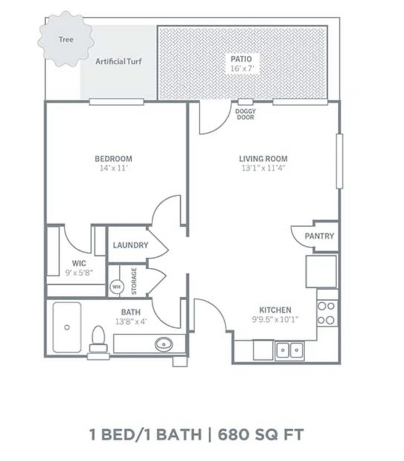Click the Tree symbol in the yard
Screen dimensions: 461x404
pyautogui.click(x=66, y=40)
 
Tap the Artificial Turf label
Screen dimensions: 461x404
pyautogui.click(x=118, y=61)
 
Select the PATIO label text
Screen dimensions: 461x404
pyautogui.click(x=242, y=59)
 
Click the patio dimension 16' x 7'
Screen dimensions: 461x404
pyautogui.click(x=242, y=69)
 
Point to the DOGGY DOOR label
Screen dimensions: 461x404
pyautogui.click(x=246, y=114)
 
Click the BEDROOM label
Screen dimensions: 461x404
pyautogui.click(x=113, y=159)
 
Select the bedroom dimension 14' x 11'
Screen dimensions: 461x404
pyautogui.click(x=113, y=168)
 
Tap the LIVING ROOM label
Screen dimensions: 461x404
pyautogui.click(x=264, y=159)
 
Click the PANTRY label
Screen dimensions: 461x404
pyautogui.click(x=319, y=236)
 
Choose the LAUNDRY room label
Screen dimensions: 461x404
pyautogui.click(x=130, y=245)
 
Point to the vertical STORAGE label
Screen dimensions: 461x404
pyautogui.click(x=134, y=280)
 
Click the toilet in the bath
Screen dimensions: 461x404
pyautogui.click(x=98, y=341)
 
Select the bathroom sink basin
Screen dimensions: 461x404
pyautogui.click(x=165, y=342)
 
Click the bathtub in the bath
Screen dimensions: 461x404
pyautogui.click(x=67, y=328)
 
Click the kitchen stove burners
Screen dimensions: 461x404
pyautogui.click(x=327, y=313)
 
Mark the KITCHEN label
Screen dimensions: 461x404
pyautogui.click(x=275, y=310)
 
